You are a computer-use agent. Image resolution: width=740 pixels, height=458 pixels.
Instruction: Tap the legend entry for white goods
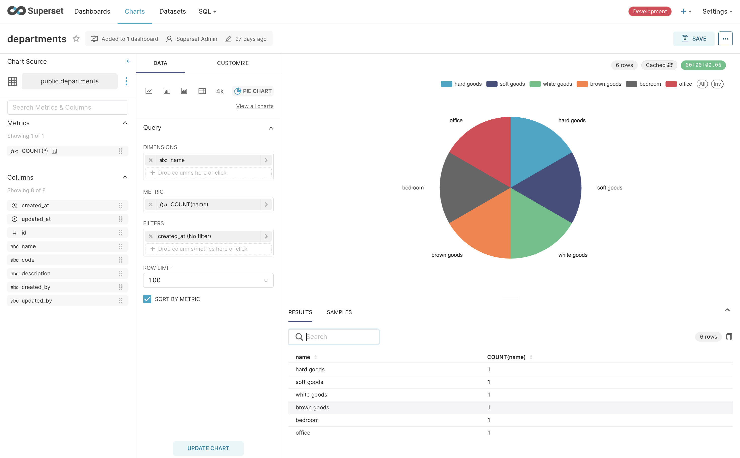(551, 84)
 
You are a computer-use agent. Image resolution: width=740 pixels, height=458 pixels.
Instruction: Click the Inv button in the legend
(717, 84)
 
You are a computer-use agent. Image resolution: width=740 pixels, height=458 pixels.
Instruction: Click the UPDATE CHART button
(208, 448)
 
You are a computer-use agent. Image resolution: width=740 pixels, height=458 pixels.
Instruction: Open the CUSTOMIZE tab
(233, 63)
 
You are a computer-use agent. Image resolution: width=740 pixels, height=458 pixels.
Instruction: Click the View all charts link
(254, 106)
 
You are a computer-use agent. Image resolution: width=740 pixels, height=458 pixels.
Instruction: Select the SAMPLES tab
(339, 312)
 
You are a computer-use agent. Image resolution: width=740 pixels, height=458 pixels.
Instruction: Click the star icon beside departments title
(76, 39)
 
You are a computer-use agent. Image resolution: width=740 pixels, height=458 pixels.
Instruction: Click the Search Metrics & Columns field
(68, 108)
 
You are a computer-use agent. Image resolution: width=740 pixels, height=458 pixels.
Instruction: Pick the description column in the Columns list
(36, 274)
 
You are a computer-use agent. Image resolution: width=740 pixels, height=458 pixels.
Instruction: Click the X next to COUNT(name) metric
(151, 205)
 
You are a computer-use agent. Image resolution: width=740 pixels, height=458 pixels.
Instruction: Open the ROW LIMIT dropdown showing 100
(208, 280)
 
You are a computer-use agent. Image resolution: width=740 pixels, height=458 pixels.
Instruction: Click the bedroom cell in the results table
(307, 420)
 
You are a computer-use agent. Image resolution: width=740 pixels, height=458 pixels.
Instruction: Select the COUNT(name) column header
(506, 357)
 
